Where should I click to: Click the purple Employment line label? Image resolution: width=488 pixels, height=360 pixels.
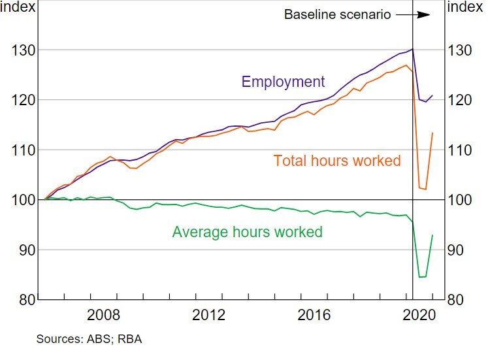(x=283, y=82)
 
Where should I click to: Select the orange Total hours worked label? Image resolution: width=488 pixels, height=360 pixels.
(x=337, y=160)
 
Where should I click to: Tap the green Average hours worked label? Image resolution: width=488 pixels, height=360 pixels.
(x=247, y=232)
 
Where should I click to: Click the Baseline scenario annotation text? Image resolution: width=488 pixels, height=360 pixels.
(x=337, y=14)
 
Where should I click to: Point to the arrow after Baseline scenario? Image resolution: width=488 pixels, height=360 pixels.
(x=415, y=14)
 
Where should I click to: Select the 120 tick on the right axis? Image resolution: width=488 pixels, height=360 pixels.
(x=460, y=100)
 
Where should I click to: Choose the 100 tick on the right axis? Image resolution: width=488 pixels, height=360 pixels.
(x=460, y=200)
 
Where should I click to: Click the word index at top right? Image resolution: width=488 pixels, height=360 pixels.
(x=466, y=8)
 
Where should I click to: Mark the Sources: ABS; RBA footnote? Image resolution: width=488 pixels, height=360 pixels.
(x=89, y=340)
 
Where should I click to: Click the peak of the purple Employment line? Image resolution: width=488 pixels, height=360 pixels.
(x=412, y=49)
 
